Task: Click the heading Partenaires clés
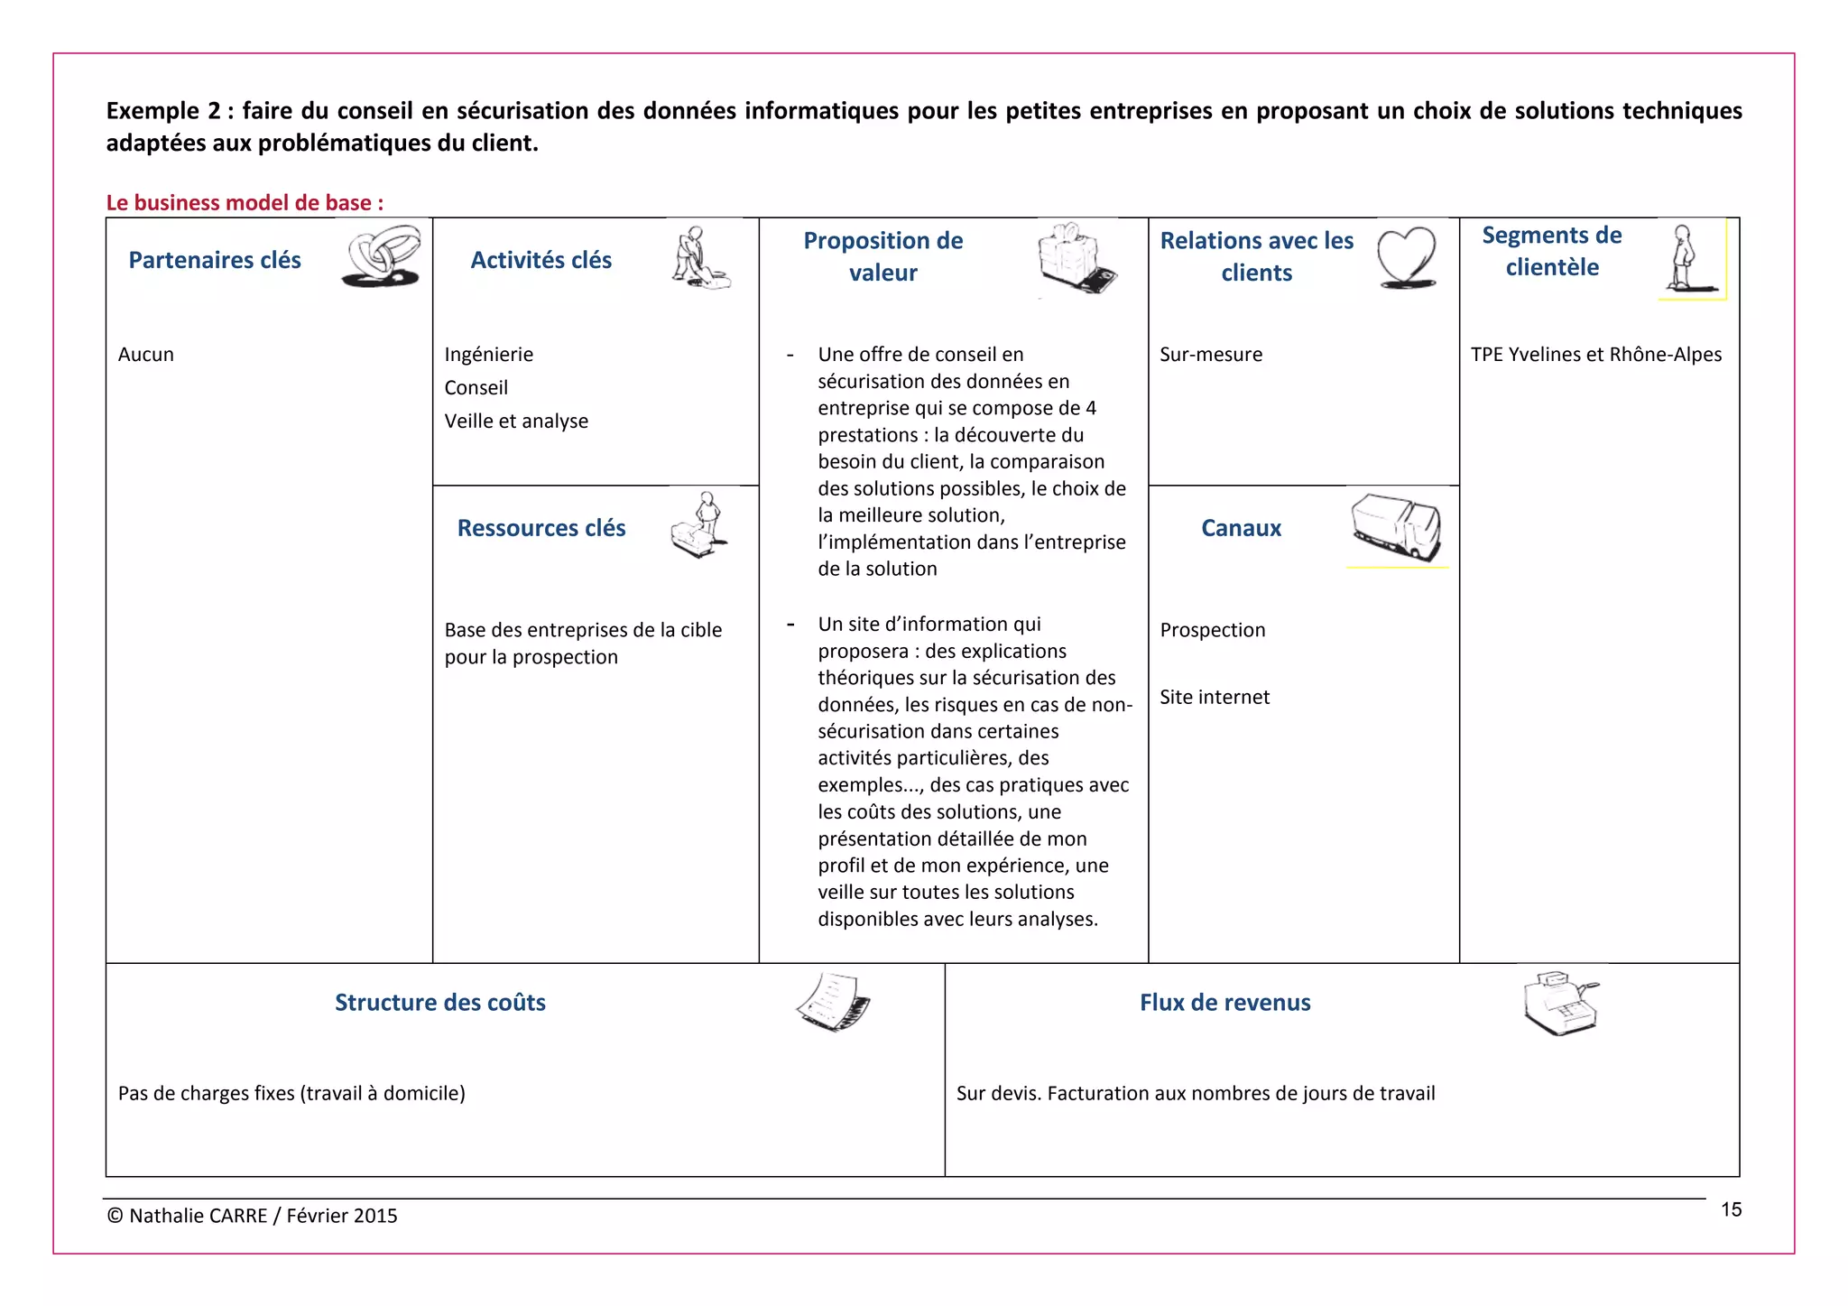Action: tap(215, 260)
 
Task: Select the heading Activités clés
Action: tap(541, 260)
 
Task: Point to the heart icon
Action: tap(1406, 257)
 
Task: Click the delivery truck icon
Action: tap(1396, 527)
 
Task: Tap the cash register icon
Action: tap(1559, 1003)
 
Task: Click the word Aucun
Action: tap(146, 354)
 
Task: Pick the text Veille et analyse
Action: tap(516, 421)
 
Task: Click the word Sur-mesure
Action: tap(1211, 354)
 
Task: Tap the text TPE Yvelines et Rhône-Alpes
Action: tap(1595, 354)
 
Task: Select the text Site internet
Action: tap(1215, 697)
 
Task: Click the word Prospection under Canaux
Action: tap(1213, 630)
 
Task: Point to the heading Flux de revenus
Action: tap(1224, 1003)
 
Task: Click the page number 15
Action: tap(1731, 1209)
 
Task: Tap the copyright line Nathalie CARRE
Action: tap(253, 1216)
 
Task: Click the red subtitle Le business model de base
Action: tap(245, 202)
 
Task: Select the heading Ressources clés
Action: tap(541, 528)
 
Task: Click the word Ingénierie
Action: tap(488, 354)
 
